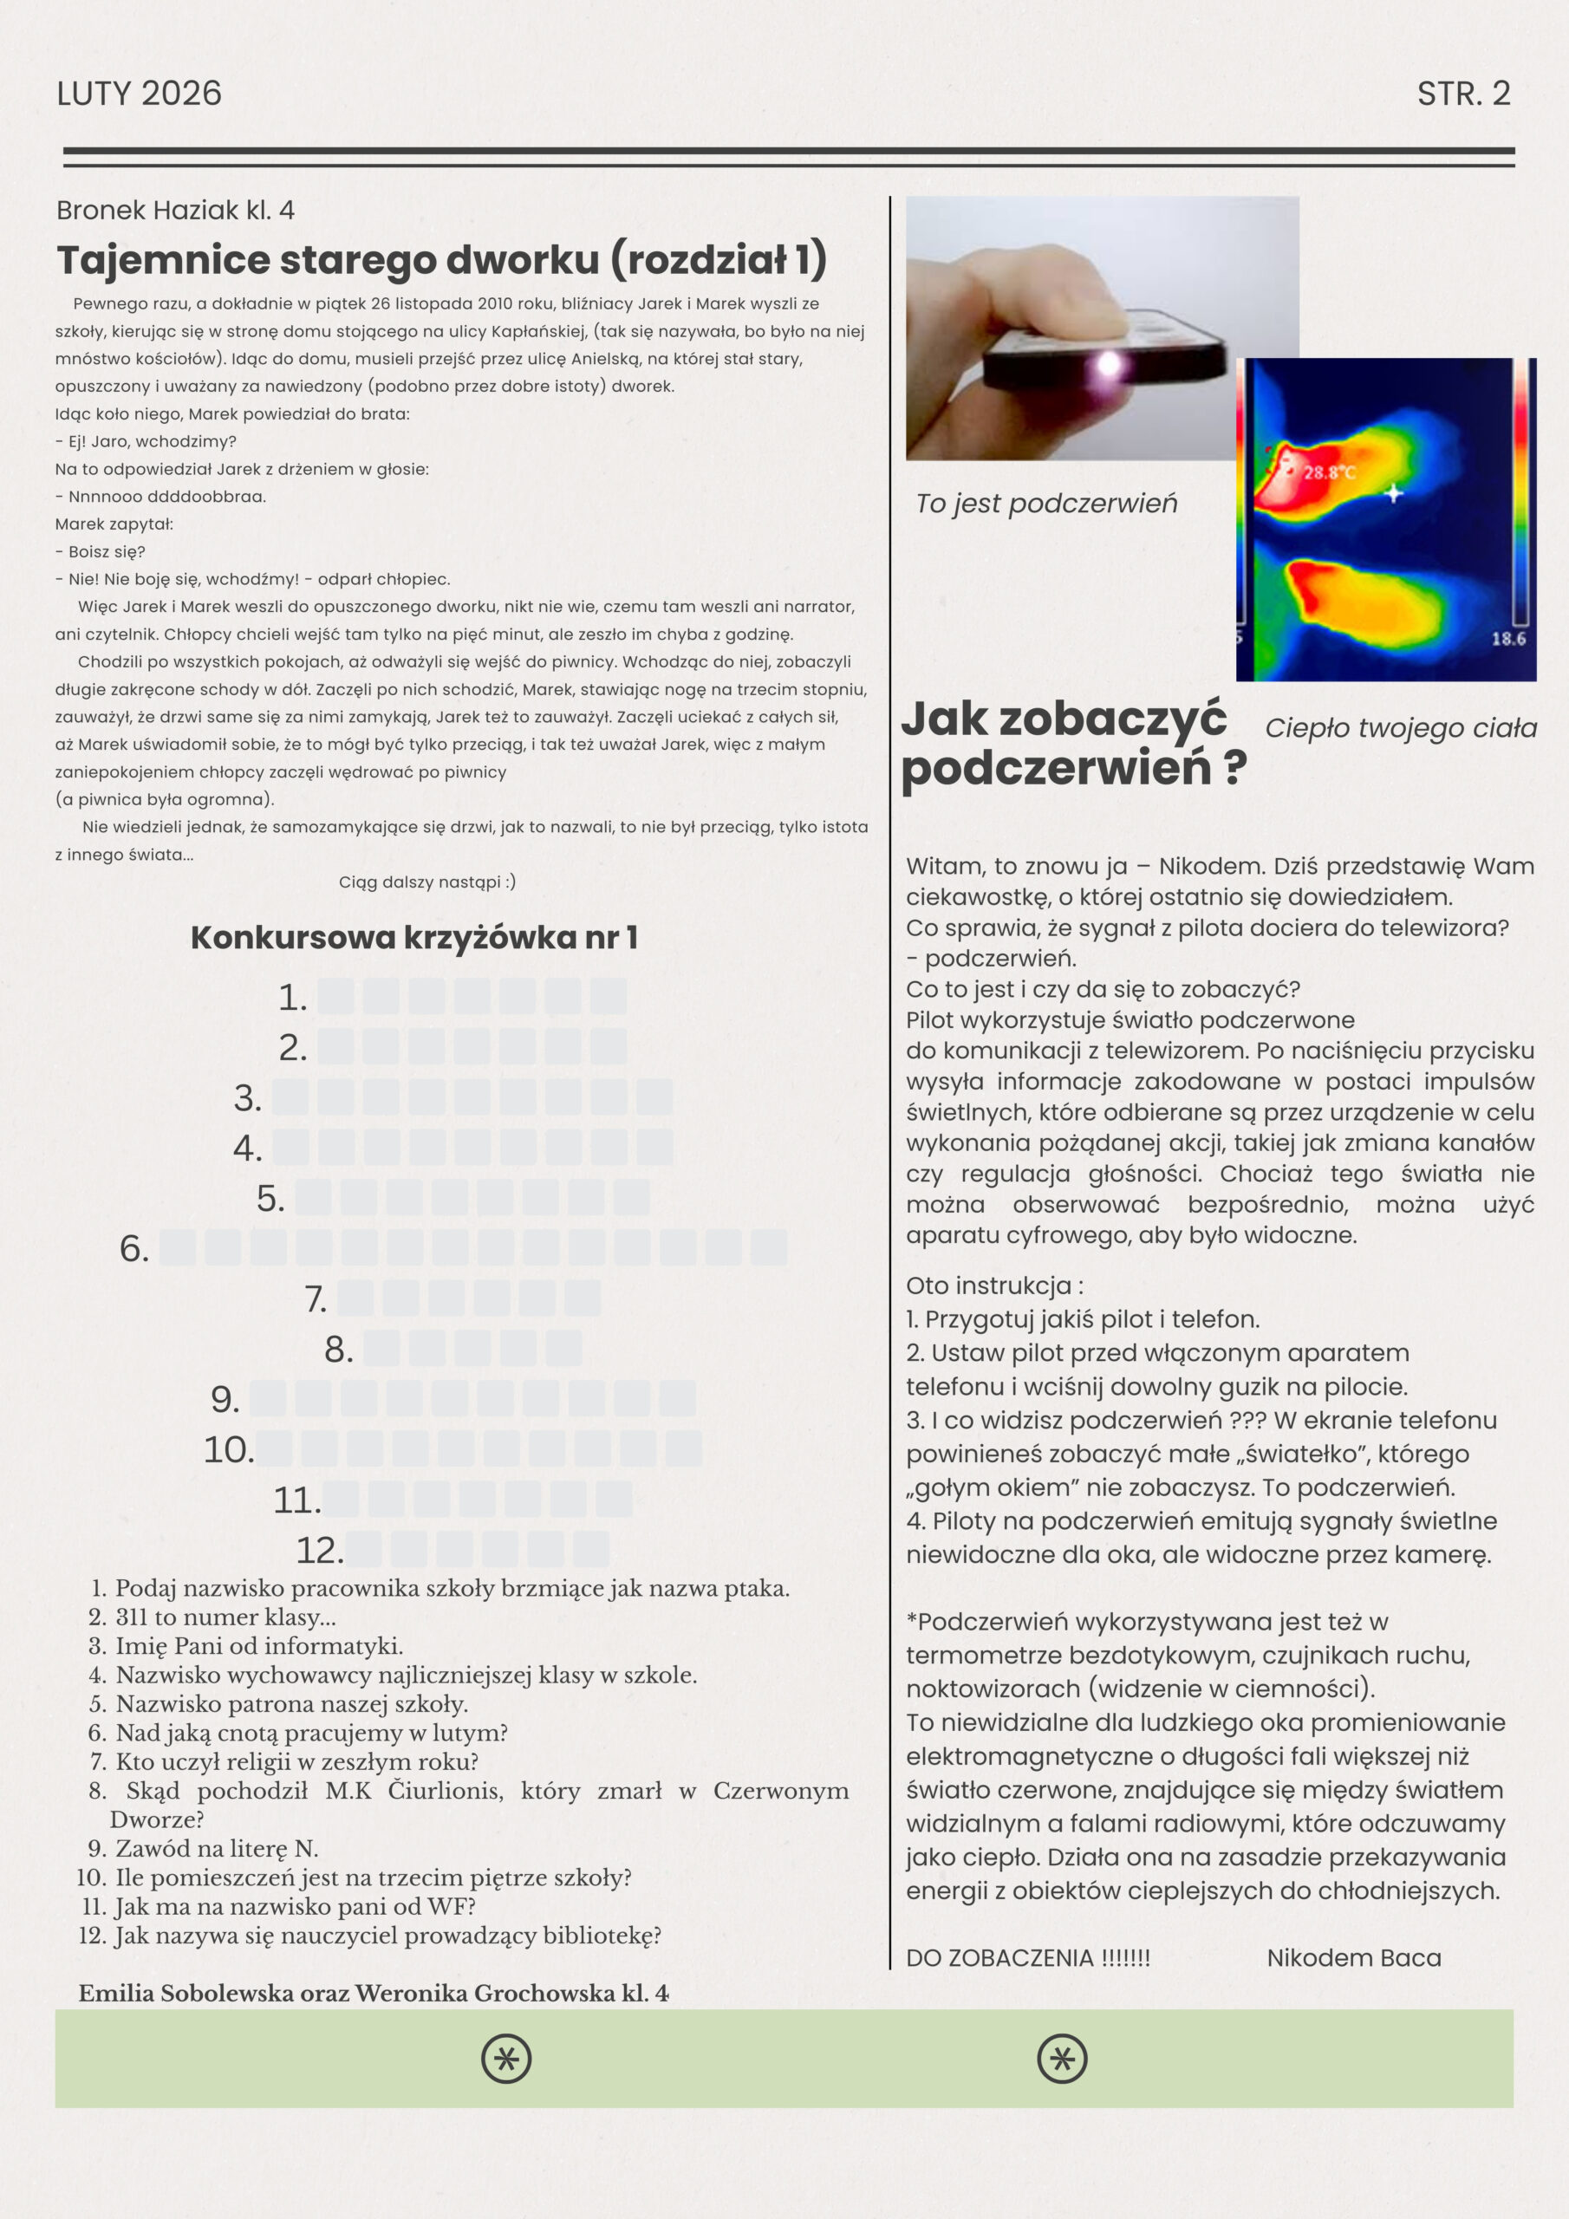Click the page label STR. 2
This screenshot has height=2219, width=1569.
(x=1462, y=94)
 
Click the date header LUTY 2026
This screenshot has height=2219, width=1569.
(x=140, y=94)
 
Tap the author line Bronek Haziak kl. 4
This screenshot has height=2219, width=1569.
(x=175, y=210)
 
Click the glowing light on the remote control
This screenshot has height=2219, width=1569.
(x=1109, y=364)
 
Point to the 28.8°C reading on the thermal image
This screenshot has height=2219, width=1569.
(x=1329, y=472)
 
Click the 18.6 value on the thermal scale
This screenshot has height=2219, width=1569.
(x=1508, y=639)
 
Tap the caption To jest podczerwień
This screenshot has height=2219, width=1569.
(x=1046, y=504)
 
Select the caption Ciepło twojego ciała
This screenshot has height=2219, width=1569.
(x=1401, y=728)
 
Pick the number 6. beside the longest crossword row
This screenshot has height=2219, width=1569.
(x=133, y=1249)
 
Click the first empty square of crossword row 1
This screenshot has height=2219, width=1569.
(x=335, y=997)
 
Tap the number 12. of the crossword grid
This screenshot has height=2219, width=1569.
(x=319, y=1550)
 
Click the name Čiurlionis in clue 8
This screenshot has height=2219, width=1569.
(x=445, y=1791)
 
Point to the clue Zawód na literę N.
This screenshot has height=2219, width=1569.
(x=217, y=1849)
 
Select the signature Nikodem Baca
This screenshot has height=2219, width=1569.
(x=1353, y=1958)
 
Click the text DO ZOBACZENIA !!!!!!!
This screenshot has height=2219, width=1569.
(x=1027, y=1958)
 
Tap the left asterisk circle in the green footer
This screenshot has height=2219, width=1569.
(x=506, y=2059)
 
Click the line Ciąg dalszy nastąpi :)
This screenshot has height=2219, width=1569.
(x=427, y=882)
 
